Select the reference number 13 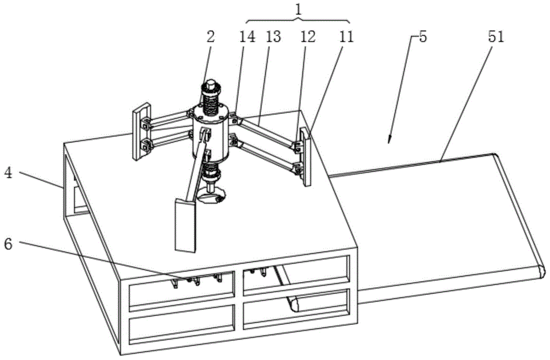coord(273,37)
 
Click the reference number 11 coord(346,37)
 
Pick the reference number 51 coord(497,37)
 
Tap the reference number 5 coord(421,37)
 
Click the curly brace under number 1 coord(297,20)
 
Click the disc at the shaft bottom coord(212,197)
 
